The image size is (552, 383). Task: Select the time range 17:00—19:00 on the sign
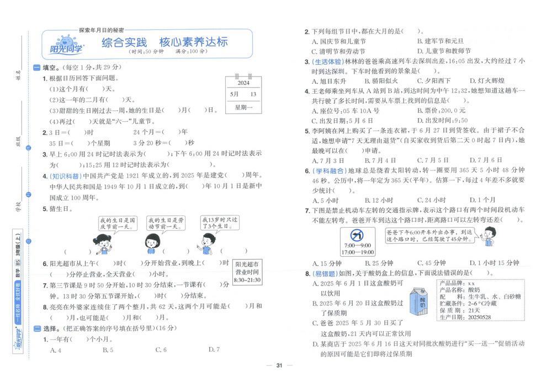pyautogui.click(x=357, y=252)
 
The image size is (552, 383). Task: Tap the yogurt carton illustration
pyautogui.click(x=422, y=301)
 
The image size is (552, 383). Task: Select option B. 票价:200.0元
pyautogui.click(x=442, y=110)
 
